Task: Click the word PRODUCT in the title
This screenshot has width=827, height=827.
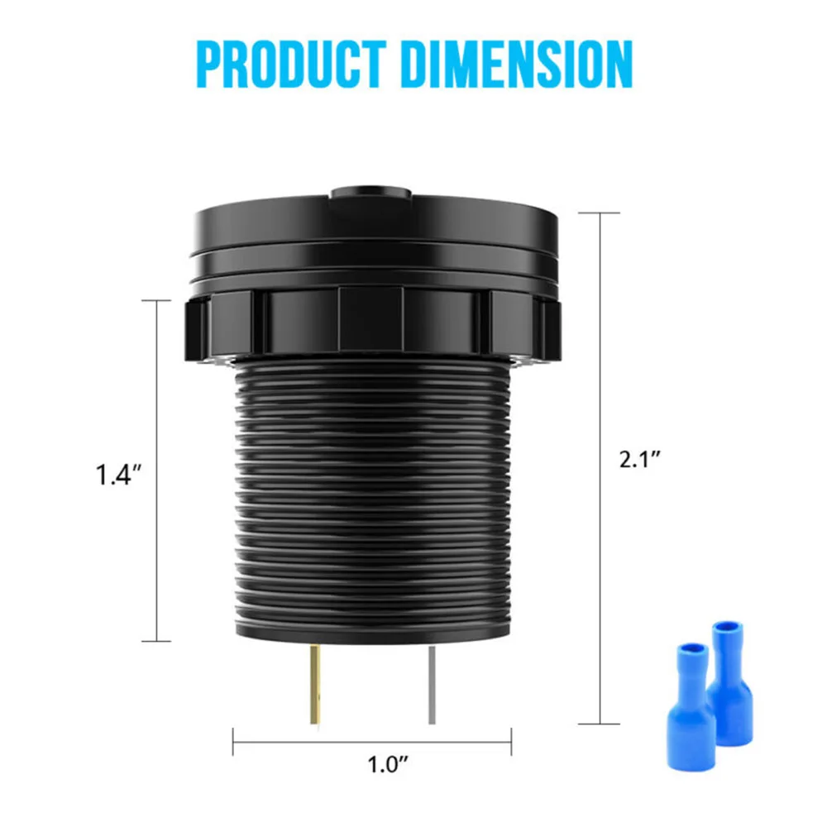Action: click(x=290, y=64)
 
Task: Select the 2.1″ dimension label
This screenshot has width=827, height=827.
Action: click(x=640, y=459)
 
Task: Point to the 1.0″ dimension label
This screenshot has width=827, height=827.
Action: click(x=388, y=765)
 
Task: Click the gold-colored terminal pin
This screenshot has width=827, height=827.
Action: click(x=315, y=684)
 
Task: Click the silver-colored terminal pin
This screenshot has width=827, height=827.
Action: click(x=432, y=685)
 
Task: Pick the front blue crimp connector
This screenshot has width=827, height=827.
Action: click(x=691, y=707)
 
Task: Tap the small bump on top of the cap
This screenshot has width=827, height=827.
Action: click(x=370, y=192)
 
